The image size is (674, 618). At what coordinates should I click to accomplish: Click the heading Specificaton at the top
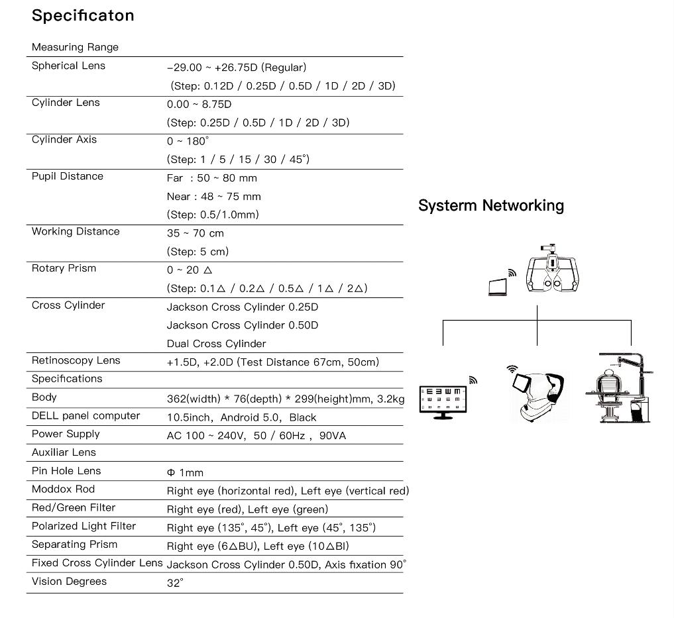tap(83, 16)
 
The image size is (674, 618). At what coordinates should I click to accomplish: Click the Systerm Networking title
tap(490, 205)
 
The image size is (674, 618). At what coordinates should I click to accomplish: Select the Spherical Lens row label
tap(68, 66)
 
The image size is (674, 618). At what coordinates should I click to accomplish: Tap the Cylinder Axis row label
tap(64, 139)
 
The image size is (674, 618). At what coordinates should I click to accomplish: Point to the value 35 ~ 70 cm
tap(195, 233)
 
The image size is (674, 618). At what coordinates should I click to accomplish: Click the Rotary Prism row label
tap(64, 268)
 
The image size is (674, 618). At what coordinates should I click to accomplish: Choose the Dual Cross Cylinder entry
tap(216, 344)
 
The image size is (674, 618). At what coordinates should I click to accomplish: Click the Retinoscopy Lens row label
tap(76, 360)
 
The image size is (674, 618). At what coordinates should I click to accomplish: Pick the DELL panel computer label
tap(86, 416)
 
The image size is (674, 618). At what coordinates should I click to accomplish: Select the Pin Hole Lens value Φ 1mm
tap(185, 473)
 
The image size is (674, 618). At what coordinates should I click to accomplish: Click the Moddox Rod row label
tap(64, 489)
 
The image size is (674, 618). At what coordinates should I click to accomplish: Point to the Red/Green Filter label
tap(74, 508)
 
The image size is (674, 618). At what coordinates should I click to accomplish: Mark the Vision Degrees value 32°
tap(175, 584)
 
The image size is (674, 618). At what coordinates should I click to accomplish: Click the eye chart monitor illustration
tap(443, 399)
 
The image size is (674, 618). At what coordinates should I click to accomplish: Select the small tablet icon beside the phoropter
tap(496, 286)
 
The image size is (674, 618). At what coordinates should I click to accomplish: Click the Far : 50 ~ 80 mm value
tap(211, 178)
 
